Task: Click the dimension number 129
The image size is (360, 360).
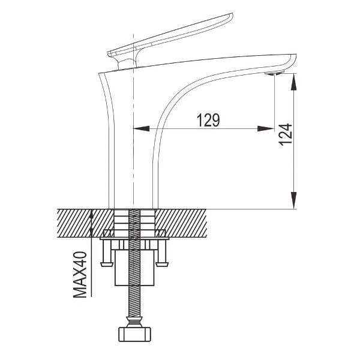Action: pyautogui.click(x=208, y=120)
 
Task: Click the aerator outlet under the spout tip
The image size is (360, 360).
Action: pyautogui.click(x=274, y=73)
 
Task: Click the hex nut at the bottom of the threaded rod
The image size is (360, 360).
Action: pyautogui.click(x=136, y=333)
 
